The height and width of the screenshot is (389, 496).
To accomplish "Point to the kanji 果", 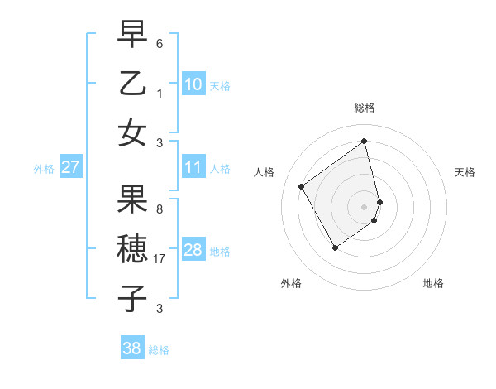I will (x=132, y=199).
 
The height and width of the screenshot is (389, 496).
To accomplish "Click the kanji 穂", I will (x=132, y=249).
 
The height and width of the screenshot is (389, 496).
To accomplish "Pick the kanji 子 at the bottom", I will (x=132, y=299).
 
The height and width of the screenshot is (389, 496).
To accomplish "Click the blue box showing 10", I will (x=193, y=84).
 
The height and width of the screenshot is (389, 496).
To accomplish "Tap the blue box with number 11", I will (x=193, y=167).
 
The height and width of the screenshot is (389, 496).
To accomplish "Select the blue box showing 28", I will (x=193, y=250).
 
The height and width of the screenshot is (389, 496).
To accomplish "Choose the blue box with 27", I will (x=70, y=167).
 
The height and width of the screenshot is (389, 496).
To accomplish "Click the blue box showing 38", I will (x=132, y=348).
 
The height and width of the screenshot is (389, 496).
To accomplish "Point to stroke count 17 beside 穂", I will (x=160, y=259).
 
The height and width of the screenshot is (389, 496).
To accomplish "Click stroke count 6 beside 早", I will (x=160, y=42).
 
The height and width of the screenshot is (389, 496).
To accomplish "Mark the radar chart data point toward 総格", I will (x=365, y=141).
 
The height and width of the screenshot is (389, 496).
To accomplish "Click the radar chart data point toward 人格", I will (x=301, y=186).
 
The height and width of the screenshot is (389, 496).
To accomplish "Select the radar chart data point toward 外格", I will (x=335, y=247).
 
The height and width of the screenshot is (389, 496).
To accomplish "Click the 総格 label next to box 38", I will (x=159, y=350).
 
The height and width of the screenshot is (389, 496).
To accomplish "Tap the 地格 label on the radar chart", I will (x=433, y=283).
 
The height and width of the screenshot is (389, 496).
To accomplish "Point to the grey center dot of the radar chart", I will (x=365, y=205).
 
